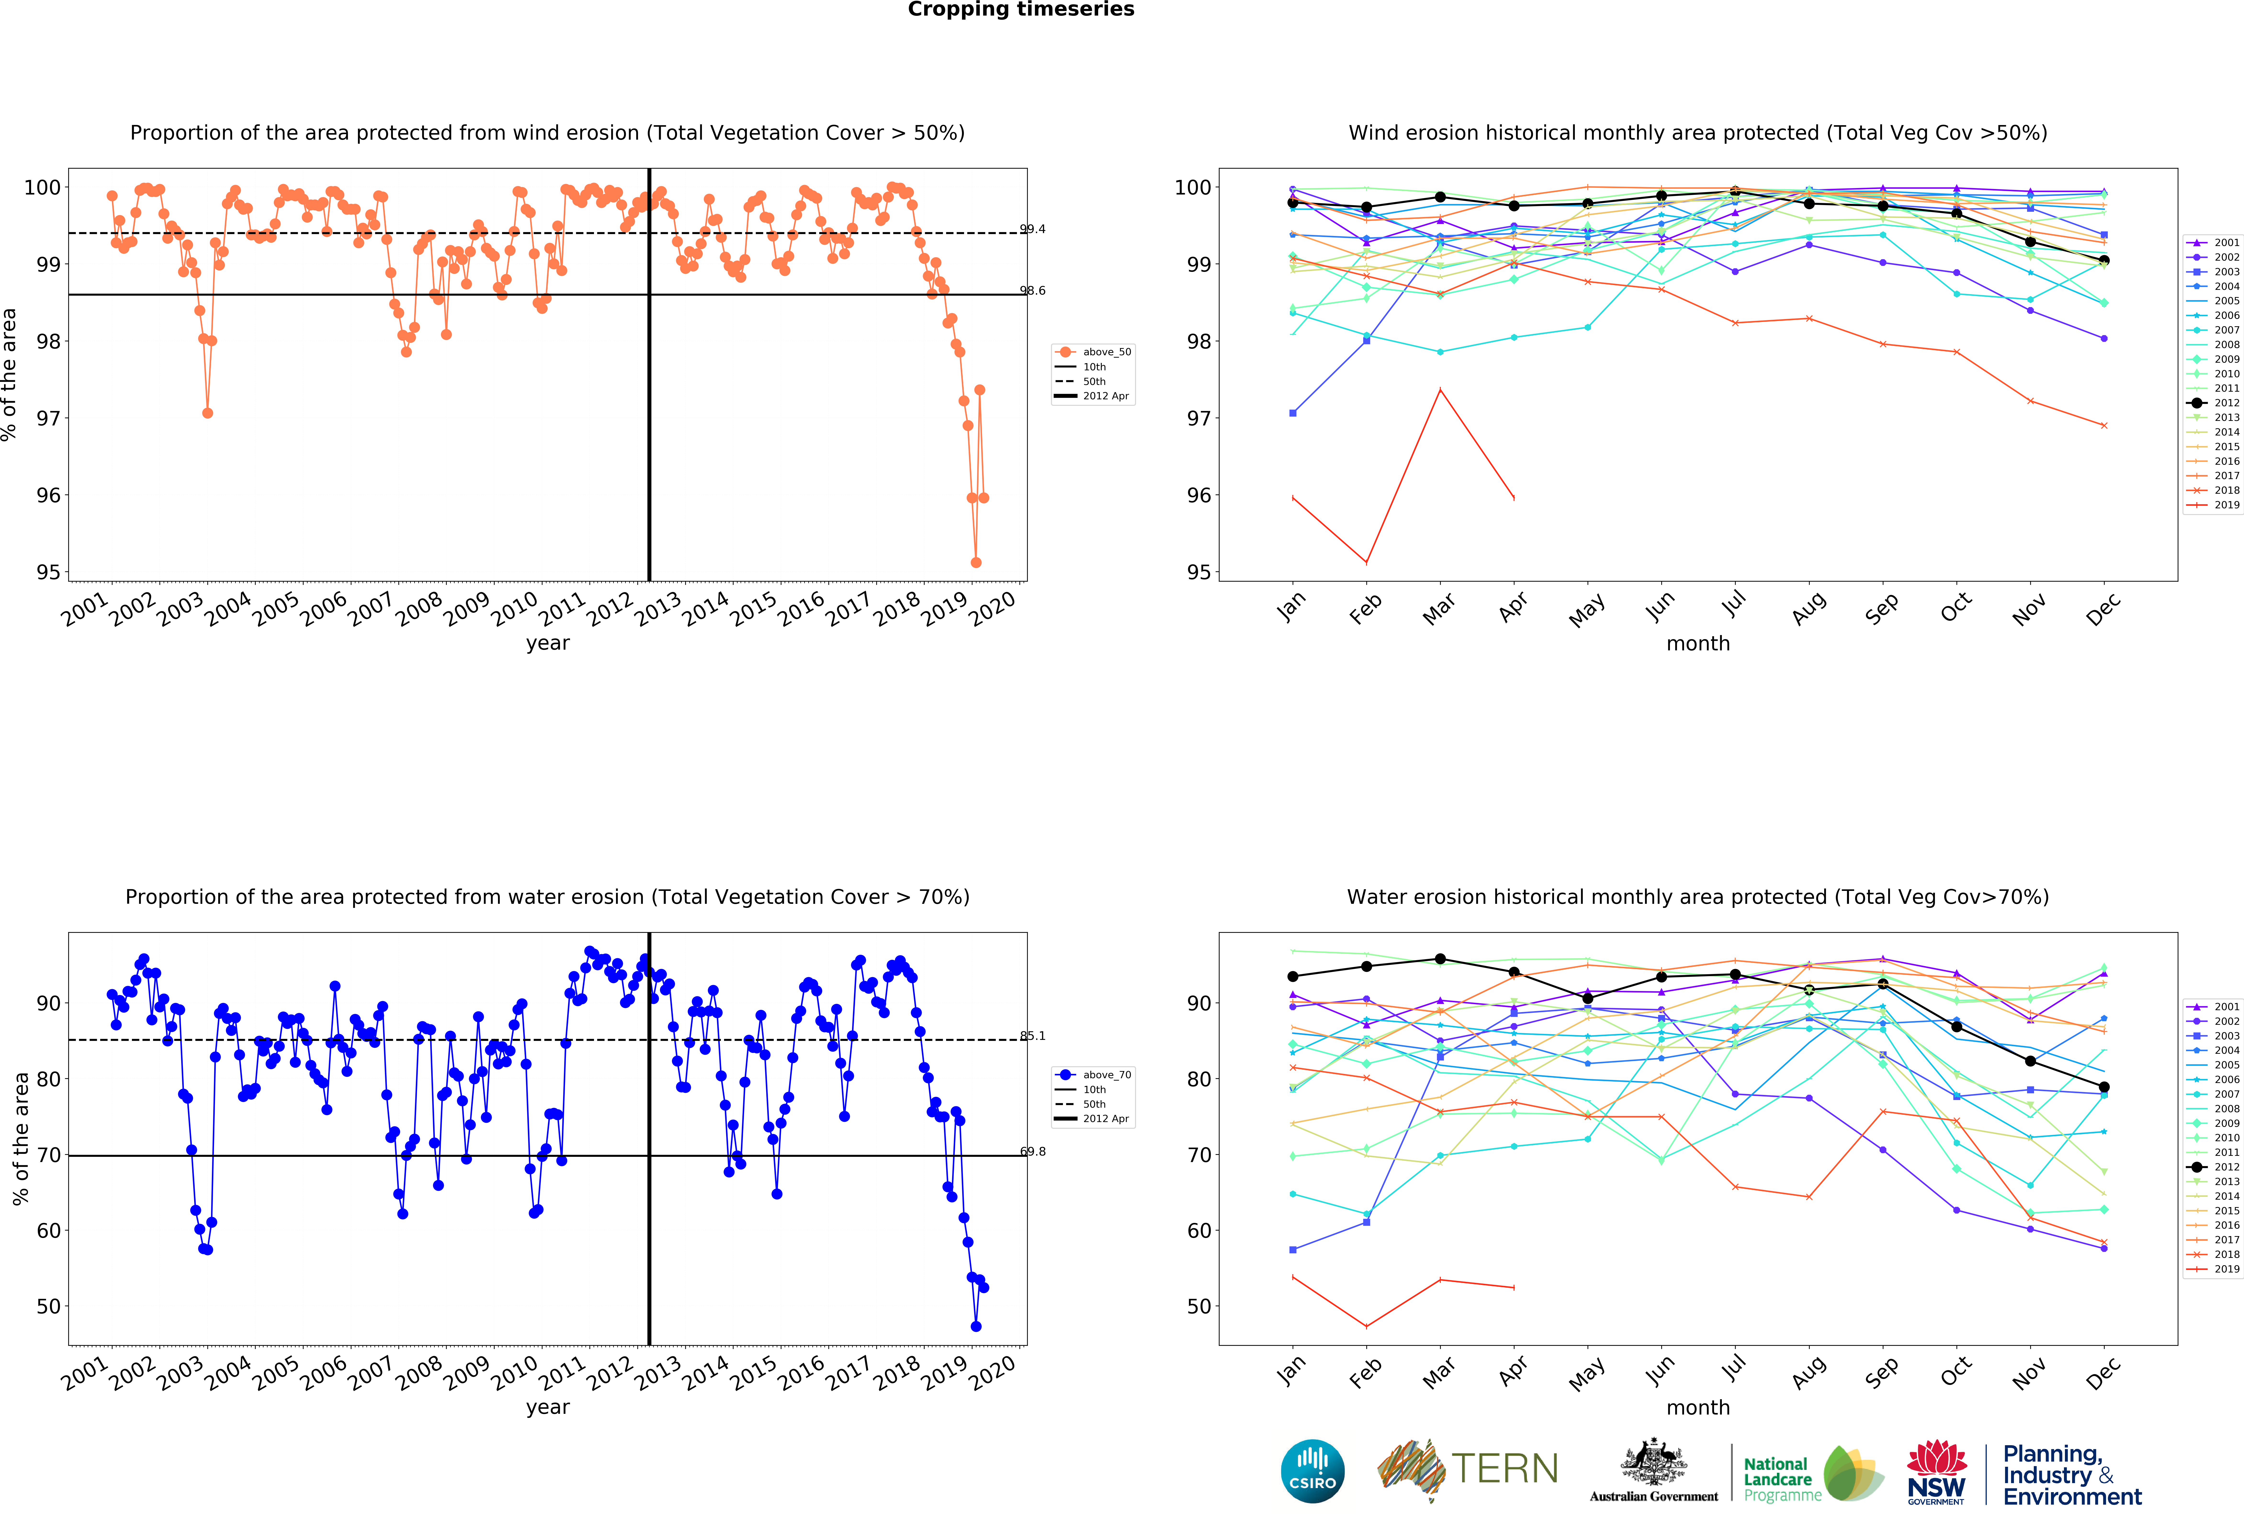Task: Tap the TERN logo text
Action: tap(1504, 1469)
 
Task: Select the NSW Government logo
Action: tap(1936, 1472)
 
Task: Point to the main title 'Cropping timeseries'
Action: tap(1021, 10)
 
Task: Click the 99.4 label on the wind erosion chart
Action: tap(1032, 229)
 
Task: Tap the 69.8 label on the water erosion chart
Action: tap(1032, 1151)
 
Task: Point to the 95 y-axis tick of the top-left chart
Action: tap(47, 572)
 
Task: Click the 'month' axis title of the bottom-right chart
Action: tap(1697, 1407)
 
